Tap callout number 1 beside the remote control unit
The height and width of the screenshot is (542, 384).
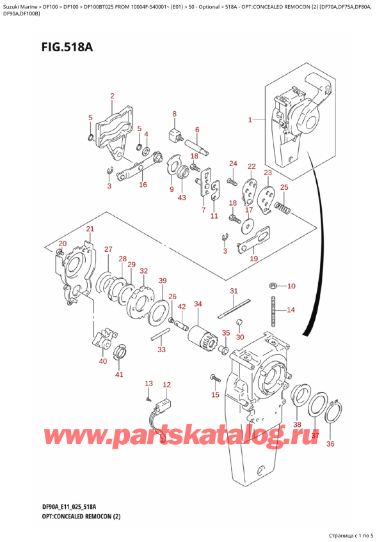(251, 119)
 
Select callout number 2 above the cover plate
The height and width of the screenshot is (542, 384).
(112, 96)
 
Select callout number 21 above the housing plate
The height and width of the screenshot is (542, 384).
(90, 229)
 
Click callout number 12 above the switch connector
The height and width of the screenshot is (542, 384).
(167, 384)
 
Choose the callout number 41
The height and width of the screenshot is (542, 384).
(119, 374)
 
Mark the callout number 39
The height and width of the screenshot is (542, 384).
(163, 281)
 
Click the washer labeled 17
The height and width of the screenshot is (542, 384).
(246, 224)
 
